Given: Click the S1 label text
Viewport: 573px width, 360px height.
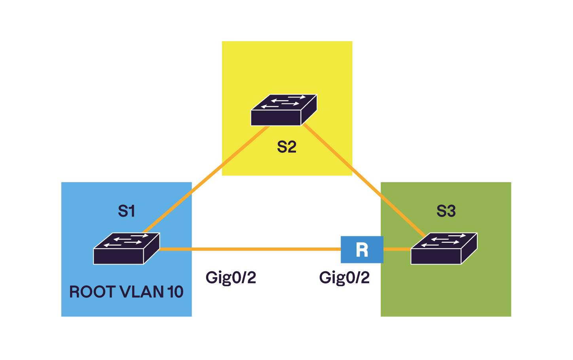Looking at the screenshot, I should click(127, 211).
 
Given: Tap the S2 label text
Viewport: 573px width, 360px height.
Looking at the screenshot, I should click(286, 147).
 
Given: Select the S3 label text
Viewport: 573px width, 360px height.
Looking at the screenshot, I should click(446, 211).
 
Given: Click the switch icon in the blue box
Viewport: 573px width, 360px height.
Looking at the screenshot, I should click(126, 249).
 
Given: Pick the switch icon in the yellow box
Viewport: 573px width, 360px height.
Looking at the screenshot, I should click(284, 110).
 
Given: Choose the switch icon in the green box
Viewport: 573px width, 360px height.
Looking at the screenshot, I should click(444, 249).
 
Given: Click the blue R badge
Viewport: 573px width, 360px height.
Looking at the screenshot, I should click(362, 250).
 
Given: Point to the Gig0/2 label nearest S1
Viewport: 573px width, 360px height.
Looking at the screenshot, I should click(231, 278).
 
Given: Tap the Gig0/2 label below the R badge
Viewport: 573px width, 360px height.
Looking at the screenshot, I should click(344, 278).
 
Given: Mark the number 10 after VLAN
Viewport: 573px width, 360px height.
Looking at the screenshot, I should click(175, 292).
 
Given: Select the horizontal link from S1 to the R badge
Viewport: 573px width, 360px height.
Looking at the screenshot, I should click(249, 249).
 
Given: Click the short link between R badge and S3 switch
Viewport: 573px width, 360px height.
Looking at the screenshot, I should click(397, 249).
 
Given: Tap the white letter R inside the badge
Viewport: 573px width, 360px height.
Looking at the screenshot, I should click(362, 250).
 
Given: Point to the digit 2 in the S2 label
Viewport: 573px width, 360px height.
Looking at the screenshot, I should click(292, 147).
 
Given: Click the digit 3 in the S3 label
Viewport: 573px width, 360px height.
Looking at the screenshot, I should click(451, 211).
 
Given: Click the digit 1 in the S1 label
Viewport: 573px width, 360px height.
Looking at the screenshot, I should click(132, 211).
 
